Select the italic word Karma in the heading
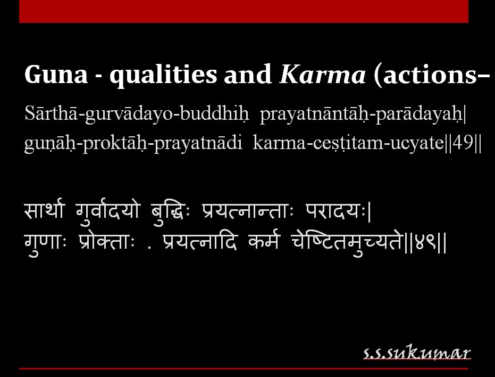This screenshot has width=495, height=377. (322, 76)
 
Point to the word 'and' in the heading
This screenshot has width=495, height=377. (248, 76)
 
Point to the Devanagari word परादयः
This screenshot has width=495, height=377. (335, 211)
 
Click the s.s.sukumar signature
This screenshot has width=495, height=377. (417, 353)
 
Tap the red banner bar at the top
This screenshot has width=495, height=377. (244, 11)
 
